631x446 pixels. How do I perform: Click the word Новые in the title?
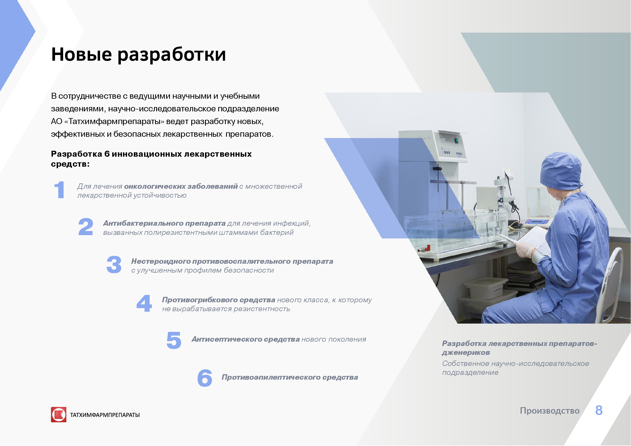81,54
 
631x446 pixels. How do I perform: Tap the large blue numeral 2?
86,227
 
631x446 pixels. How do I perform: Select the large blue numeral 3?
114,265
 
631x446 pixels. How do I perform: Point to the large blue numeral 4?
144,303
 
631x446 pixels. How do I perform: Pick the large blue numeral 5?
174,341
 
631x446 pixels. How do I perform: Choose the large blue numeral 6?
205,378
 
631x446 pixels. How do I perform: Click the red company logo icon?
59,415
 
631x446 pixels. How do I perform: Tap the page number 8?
599,411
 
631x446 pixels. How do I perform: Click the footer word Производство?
550,411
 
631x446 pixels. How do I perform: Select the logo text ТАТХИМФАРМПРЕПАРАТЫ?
105,415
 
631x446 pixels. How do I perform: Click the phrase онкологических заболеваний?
181,187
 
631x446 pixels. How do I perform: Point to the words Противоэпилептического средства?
290,378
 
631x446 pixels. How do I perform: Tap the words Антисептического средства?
245,339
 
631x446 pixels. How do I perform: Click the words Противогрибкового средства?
219,300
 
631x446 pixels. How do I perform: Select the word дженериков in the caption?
466,353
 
